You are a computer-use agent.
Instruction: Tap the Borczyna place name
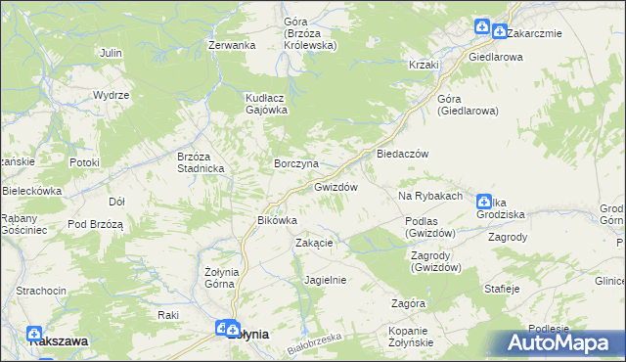296,162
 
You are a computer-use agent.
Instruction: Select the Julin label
111,52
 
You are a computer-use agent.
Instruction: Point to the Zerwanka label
232,45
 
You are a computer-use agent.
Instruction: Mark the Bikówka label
277,220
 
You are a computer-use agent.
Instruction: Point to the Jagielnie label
326,280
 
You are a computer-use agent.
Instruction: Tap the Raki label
168,315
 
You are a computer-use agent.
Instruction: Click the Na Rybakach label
429,197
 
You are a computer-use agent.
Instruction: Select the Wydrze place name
112,95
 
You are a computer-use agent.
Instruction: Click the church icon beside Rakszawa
35,333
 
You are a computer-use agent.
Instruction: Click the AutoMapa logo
564,342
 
